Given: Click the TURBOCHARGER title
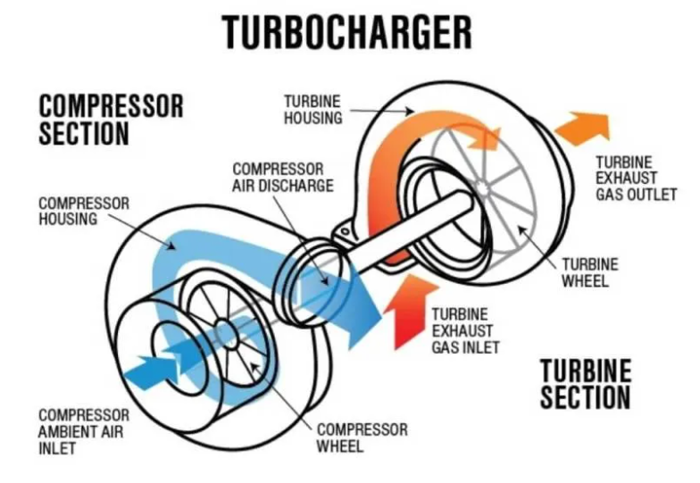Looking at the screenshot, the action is click(x=346, y=32).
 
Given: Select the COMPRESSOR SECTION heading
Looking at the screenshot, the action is click(x=111, y=120).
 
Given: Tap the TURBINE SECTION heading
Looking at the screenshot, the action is click(x=586, y=384).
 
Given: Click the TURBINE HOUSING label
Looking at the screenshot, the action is click(x=312, y=109).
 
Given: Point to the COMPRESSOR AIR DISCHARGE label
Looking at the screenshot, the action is click(x=282, y=177).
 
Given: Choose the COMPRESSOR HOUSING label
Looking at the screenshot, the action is click(x=84, y=211).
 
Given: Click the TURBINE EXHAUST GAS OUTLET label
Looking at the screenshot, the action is click(x=636, y=179).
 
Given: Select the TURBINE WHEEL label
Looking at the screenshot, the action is click(x=589, y=273).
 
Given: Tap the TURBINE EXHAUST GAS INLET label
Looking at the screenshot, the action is click(x=465, y=330).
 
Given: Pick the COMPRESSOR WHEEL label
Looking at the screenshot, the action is click(x=362, y=437).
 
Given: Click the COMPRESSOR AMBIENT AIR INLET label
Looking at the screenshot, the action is click(x=84, y=432).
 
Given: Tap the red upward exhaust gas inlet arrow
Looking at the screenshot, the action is click(x=411, y=311).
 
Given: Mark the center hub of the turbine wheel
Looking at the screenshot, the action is click(x=482, y=187).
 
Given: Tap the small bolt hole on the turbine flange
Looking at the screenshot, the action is click(x=345, y=232).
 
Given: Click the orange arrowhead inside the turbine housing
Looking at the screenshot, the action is click(x=483, y=138).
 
